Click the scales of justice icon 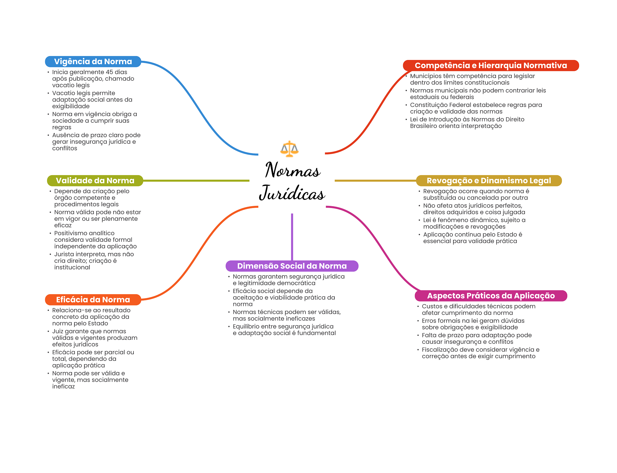pos(289,149)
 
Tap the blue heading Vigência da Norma pos(93,61)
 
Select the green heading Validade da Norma pos(95,181)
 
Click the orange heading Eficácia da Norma pos(93,300)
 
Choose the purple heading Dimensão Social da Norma pos(292,266)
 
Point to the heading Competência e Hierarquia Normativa pos(490,65)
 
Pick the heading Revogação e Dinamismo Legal pos(489,181)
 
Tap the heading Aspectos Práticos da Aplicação pos(491,296)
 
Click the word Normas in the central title pos(292,170)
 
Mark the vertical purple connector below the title pos(292,237)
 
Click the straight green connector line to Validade pos(196,181)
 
